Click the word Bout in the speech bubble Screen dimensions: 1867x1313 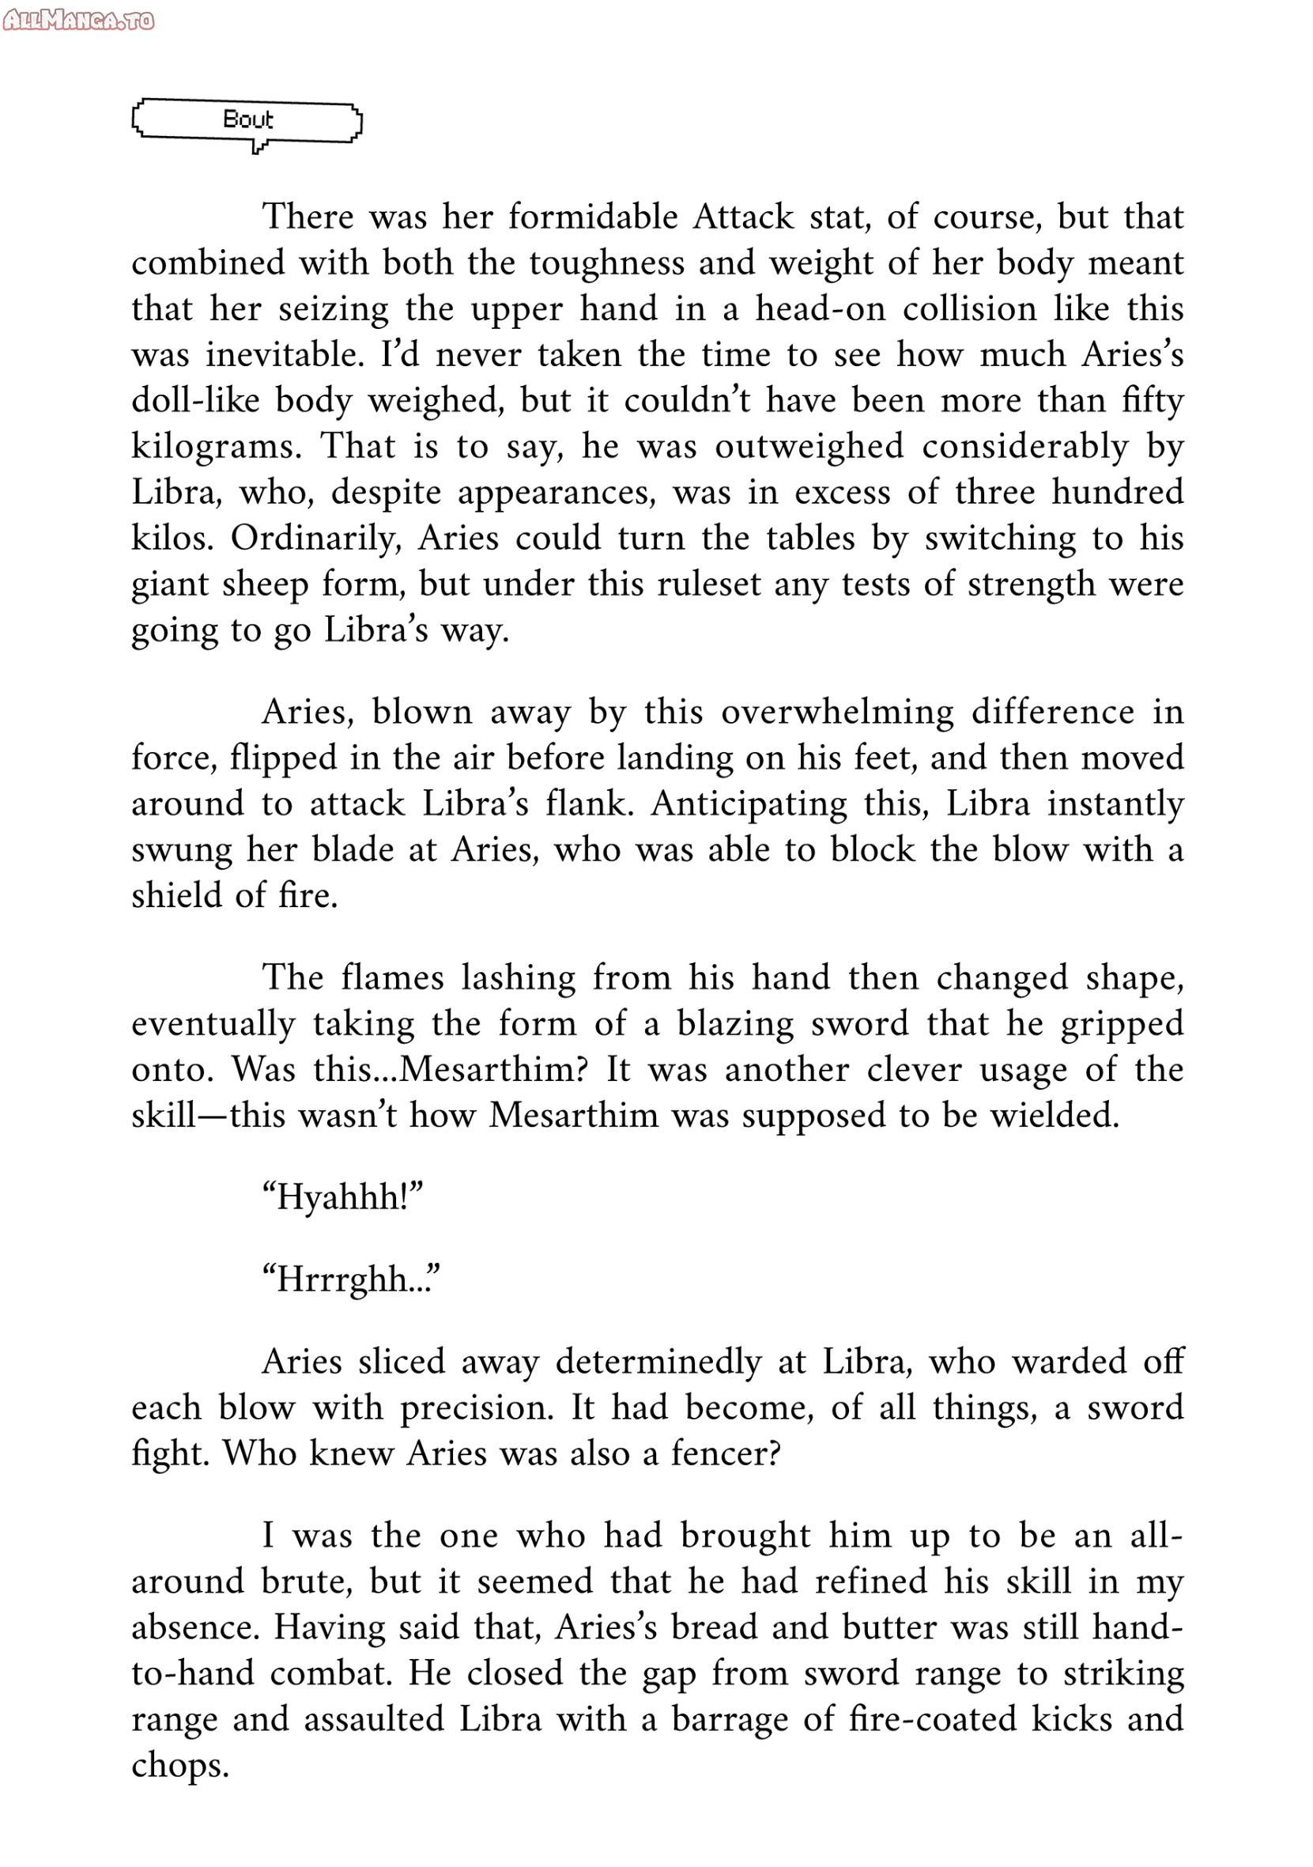point(247,119)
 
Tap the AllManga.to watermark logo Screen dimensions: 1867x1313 point(78,20)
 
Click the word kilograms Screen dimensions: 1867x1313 point(217,448)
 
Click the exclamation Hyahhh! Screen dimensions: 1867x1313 point(342,1197)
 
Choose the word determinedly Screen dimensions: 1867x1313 point(658,1362)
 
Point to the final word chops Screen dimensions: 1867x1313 point(179,1765)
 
